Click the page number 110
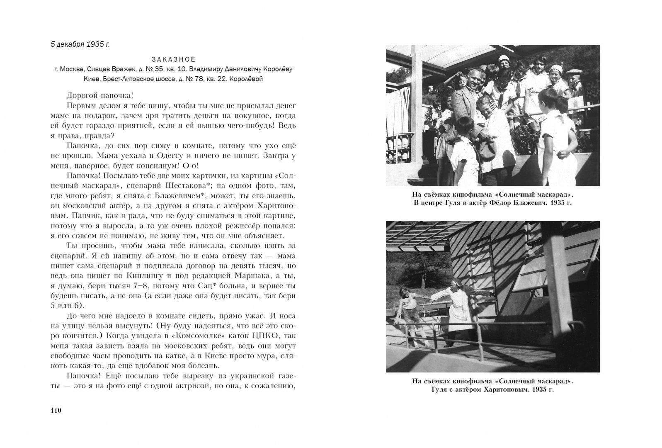click(x=56, y=411)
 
